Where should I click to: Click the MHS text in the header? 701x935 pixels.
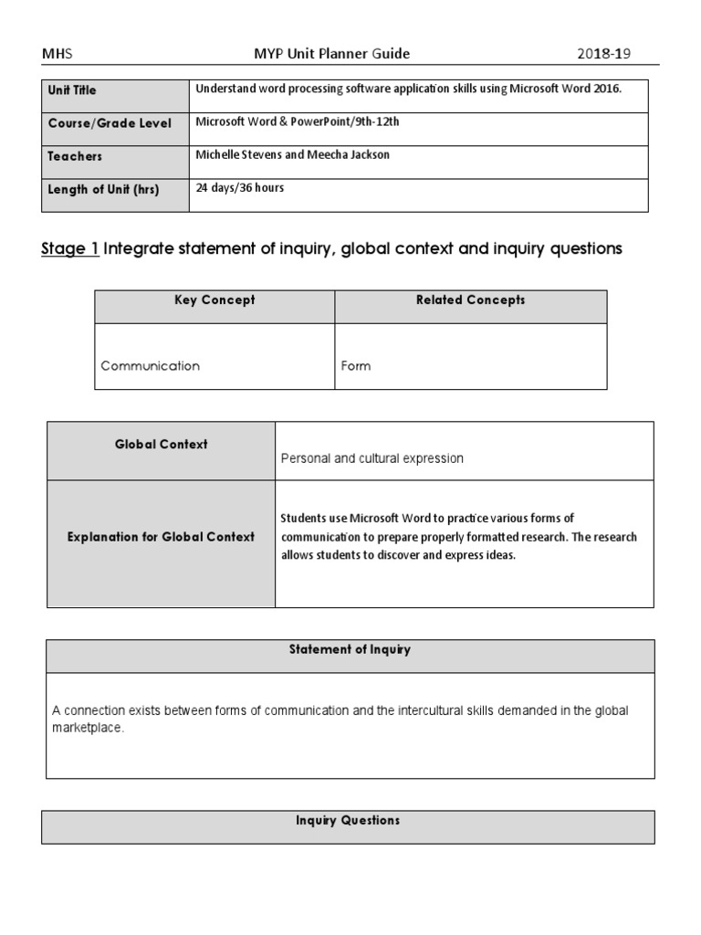pyautogui.click(x=56, y=54)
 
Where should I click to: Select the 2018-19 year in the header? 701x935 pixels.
pyautogui.click(x=603, y=54)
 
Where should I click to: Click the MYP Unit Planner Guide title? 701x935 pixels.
pyautogui.click(x=331, y=54)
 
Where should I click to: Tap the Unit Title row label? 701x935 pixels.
pyautogui.click(x=72, y=90)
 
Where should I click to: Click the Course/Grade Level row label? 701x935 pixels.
pyautogui.click(x=110, y=123)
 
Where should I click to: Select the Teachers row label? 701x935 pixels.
pyautogui.click(x=75, y=156)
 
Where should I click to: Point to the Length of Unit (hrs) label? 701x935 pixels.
pyautogui.click(x=103, y=189)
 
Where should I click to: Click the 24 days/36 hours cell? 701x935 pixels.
pyautogui.click(x=240, y=188)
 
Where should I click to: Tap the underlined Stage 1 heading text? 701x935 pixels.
pyautogui.click(x=70, y=248)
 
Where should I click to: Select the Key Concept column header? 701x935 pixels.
pyautogui.click(x=214, y=300)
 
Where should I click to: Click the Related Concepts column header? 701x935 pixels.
pyautogui.click(x=470, y=300)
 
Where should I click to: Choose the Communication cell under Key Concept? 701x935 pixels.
pyautogui.click(x=150, y=365)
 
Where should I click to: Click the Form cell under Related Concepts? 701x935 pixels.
pyautogui.click(x=356, y=365)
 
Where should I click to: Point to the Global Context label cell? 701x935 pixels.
pyautogui.click(x=161, y=445)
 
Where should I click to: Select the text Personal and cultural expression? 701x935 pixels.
pyautogui.click(x=371, y=458)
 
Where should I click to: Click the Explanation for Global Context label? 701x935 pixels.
pyautogui.click(x=161, y=537)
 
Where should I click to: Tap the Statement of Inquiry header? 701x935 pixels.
pyautogui.click(x=350, y=650)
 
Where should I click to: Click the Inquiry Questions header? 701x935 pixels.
pyautogui.click(x=348, y=821)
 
